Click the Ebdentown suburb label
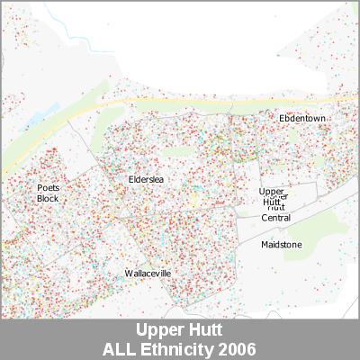[x=301, y=118]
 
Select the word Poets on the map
[x=48, y=188]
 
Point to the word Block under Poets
[x=48, y=198]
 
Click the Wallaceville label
[x=148, y=273]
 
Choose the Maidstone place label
[x=281, y=245]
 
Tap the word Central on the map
[x=275, y=218]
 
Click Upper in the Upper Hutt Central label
[x=271, y=192]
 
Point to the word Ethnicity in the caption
[x=180, y=348]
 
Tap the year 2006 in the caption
[x=238, y=348]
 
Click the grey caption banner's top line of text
[x=179, y=330]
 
